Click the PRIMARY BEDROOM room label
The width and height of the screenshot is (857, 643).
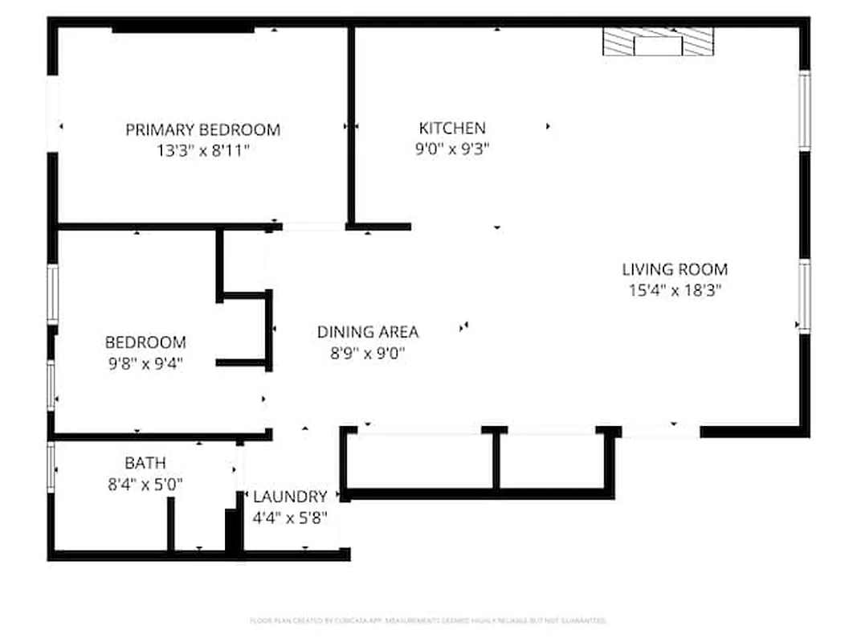pyautogui.click(x=203, y=129)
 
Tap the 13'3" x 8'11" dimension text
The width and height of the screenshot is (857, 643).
pyautogui.click(x=203, y=149)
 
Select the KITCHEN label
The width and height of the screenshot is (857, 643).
pyautogui.click(x=452, y=128)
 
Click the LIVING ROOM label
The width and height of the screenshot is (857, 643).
pyautogui.click(x=675, y=269)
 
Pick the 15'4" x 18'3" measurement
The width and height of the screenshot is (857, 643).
pyautogui.click(x=675, y=290)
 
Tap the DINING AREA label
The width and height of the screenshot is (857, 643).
pyautogui.click(x=367, y=331)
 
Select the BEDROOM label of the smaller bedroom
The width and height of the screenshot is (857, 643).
pyautogui.click(x=145, y=342)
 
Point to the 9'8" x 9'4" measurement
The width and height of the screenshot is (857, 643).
pyautogui.click(x=145, y=362)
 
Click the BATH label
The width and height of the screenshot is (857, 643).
pyautogui.click(x=145, y=463)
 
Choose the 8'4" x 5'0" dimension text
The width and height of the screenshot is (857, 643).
pyautogui.click(x=145, y=483)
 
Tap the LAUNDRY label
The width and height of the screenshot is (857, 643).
pyautogui.click(x=290, y=497)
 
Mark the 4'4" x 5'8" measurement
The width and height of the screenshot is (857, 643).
pyautogui.click(x=290, y=517)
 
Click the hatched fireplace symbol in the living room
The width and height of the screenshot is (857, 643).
pyautogui.click(x=658, y=42)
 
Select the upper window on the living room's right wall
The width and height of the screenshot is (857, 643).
pyautogui.click(x=804, y=109)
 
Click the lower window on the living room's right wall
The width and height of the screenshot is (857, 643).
pyautogui.click(x=803, y=295)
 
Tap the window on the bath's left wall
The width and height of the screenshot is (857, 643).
pyautogui.click(x=51, y=467)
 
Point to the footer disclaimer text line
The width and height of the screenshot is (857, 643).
pyautogui.click(x=427, y=620)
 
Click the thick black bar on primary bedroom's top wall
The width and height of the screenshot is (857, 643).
pyautogui.click(x=183, y=30)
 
